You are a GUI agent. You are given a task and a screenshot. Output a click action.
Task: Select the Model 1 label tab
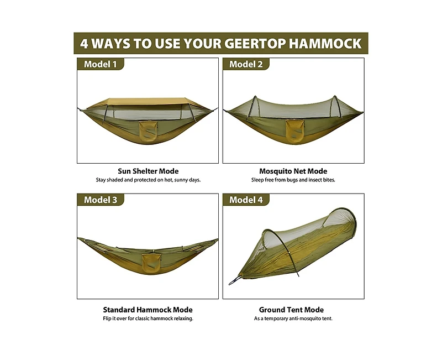pyautogui.click(x=100, y=64)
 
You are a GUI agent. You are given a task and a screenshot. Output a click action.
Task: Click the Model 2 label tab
pyautogui.click(x=246, y=64)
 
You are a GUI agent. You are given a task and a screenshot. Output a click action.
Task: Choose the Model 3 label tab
pyautogui.click(x=100, y=200)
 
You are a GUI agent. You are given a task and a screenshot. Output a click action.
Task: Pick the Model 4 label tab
pyautogui.click(x=246, y=200)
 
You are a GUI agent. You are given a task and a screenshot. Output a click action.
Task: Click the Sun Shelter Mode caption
pyautogui.click(x=148, y=171)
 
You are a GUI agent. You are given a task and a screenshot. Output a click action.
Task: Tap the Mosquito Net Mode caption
pyautogui.click(x=293, y=171)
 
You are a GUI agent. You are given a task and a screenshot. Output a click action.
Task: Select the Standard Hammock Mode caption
pyautogui.click(x=148, y=310)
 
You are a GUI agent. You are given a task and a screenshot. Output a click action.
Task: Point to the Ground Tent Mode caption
pyautogui.click(x=291, y=310)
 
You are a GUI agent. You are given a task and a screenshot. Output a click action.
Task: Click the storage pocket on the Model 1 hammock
pyautogui.click(x=148, y=131)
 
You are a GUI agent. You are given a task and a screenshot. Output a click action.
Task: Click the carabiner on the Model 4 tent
pyautogui.click(x=234, y=283)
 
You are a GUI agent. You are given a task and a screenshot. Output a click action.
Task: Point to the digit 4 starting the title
pyautogui.click(x=84, y=43)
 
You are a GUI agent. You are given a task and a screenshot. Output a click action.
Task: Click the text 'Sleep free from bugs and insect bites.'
pyautogui.click(x=293, y=180)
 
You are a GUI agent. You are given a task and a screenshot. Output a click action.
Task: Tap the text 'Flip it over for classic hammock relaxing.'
pyautogui.click(x=148, y=319)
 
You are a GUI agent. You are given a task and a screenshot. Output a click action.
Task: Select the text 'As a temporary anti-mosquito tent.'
pyautogui.click(x=293, y=319)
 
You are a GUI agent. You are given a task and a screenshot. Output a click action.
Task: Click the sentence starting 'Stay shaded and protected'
pyautogui.click(x=148, y=180)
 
